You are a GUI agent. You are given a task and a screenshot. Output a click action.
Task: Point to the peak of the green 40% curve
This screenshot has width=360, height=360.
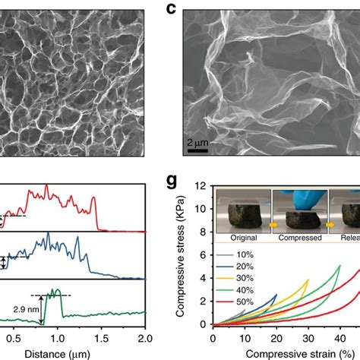tap(339, 266)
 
